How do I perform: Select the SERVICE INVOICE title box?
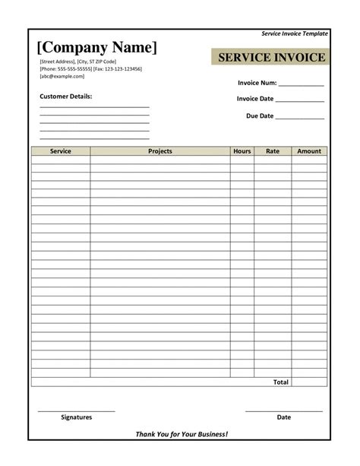click(270, 58)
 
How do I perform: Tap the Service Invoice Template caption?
click(295, 34)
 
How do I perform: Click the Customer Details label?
click(65, 97)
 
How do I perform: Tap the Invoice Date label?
click(254, 100)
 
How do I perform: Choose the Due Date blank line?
click(299, 119)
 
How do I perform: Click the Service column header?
click(61, 151)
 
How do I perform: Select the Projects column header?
click(160, 151)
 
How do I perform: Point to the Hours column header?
click(242, 151)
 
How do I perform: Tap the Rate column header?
click(273, 151)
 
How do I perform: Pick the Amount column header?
click(309, 151)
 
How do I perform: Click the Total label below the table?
click(281, 382)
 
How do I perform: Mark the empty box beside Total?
click(309, 382)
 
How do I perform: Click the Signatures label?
click(76, 417)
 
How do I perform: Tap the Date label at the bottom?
click(284, 417)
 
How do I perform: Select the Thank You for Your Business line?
click(182, 434)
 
